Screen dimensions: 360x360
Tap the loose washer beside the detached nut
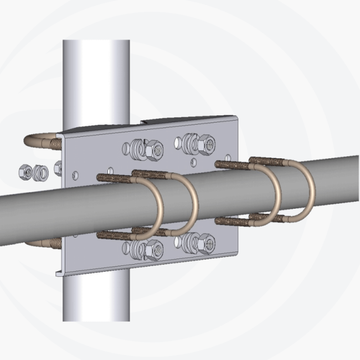click(x=38, y=172)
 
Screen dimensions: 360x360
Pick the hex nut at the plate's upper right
click(x=207, y=144)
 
